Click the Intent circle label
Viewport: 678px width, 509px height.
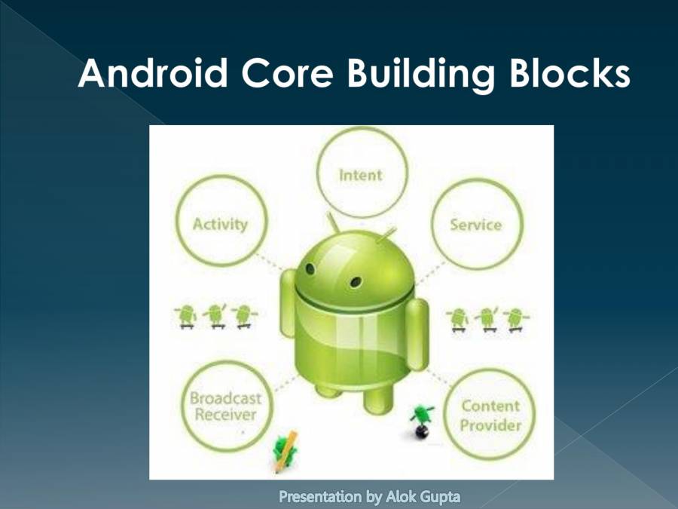click(361, 175)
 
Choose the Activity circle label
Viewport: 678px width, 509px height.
click(220, 224)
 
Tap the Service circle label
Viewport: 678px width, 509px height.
click(475, 224)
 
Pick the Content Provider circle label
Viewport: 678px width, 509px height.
click(490, 415)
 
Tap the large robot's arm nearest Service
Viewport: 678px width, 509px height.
click(417, 333)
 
